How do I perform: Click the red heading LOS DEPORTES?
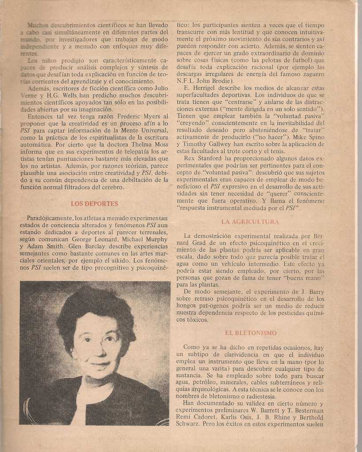tap(95, 204)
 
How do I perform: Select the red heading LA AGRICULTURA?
tap(250, 222)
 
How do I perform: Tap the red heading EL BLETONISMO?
tap(251, 333)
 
